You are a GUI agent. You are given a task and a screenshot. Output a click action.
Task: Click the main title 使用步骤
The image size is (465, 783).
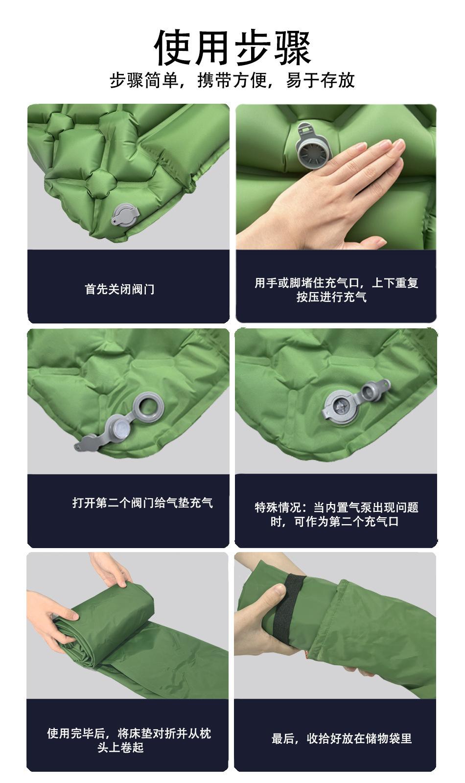tap(232, 47)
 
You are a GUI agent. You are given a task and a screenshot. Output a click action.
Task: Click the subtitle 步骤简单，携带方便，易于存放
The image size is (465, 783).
tap(232, 80)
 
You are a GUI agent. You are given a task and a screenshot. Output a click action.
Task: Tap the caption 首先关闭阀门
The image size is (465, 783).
tap(119, 289)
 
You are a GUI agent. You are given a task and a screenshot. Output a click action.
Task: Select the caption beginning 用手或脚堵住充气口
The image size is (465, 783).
tap(336, 289)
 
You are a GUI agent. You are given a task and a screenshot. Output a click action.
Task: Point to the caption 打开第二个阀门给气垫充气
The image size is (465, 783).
tap(142, 503)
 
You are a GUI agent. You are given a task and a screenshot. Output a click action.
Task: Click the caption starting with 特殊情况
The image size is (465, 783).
tap(336, 514)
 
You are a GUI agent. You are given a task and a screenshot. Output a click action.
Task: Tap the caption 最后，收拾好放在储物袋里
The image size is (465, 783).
tap(342, 738)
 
